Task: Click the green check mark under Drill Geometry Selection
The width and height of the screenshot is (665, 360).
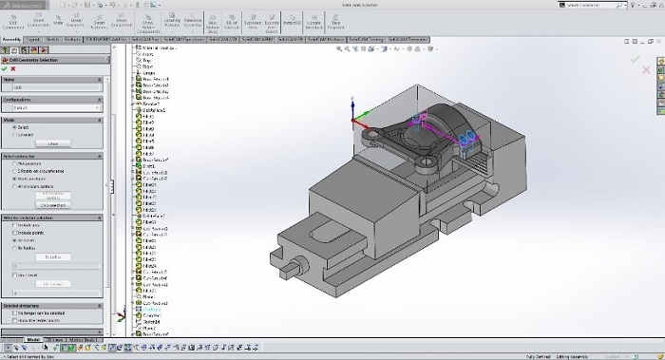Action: coord(5,68)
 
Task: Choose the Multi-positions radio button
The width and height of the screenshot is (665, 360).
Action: coord(9,178)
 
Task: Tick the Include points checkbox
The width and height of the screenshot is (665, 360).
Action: coord(9,232)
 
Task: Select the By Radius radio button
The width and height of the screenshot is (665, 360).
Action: coord(9,248)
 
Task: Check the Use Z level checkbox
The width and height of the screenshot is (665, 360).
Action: coord(9,275)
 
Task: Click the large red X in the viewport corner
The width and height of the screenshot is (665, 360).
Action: coord(646,69)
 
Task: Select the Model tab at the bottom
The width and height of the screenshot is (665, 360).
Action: coord(32,339)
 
